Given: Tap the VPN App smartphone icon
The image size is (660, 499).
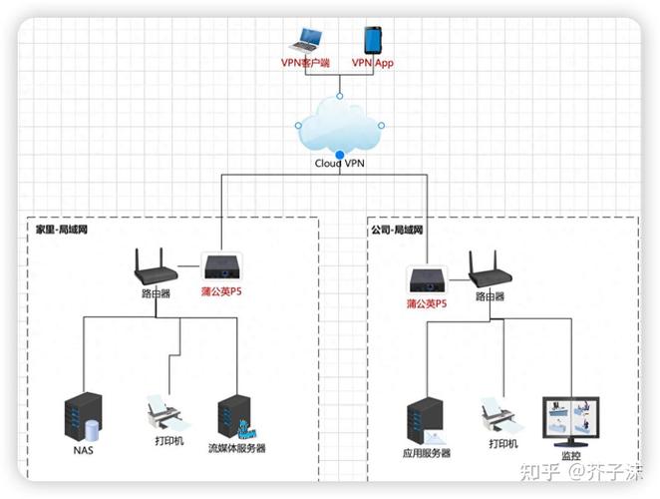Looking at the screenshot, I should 374,41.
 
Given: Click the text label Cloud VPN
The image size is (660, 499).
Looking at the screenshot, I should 340,164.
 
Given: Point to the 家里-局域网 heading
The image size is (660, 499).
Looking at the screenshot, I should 62,229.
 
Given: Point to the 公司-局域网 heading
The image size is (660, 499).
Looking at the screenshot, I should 397,229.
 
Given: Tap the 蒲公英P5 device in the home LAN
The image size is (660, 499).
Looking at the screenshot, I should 219,266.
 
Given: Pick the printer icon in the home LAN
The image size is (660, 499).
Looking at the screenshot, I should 164,411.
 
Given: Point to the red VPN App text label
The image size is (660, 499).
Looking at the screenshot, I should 374,64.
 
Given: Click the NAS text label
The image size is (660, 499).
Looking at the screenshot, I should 84,450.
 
